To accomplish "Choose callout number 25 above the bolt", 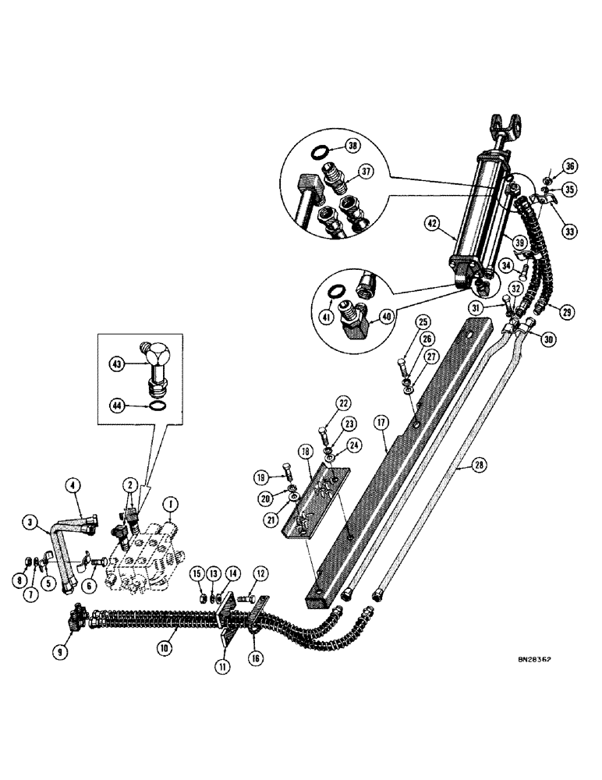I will click(x=422, y=322).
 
